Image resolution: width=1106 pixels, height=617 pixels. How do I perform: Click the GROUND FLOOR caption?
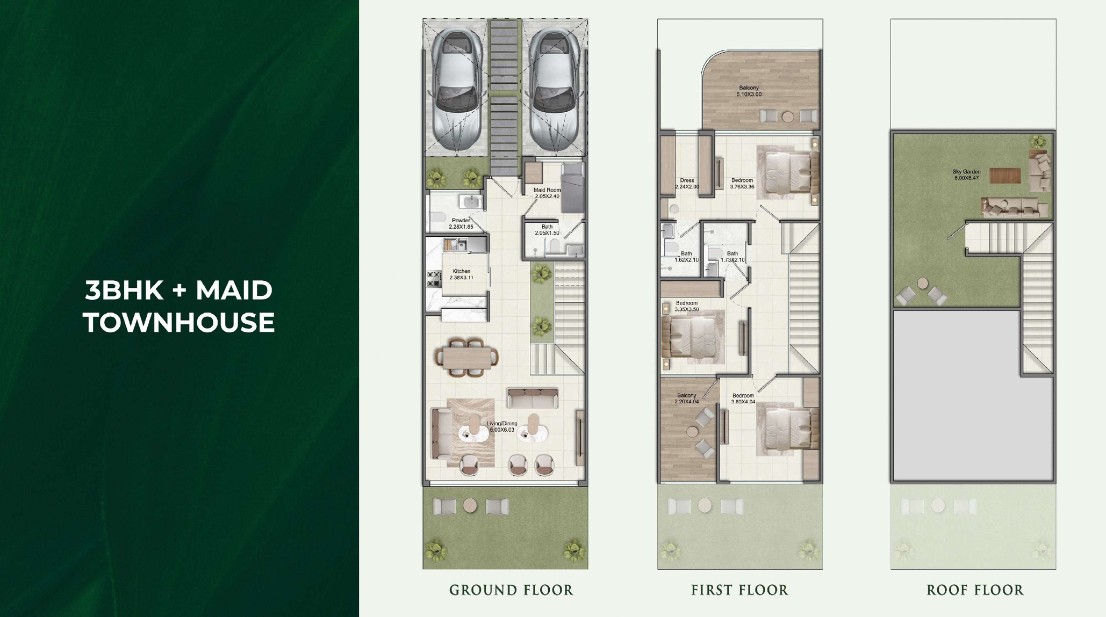point(511,590)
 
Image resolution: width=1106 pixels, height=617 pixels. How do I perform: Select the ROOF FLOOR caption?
point(975,590)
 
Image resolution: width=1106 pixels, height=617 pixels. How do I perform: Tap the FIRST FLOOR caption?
point(739,590)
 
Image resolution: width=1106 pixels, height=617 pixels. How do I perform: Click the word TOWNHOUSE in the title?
point(179,323)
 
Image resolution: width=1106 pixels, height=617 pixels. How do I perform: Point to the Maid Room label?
point(547,193)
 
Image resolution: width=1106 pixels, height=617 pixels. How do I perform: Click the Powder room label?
point(461,223)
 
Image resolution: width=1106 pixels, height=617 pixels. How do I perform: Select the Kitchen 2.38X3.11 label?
point(461,274)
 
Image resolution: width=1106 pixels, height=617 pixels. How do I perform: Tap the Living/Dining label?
point(502,426)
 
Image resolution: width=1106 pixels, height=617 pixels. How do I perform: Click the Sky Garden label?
point(966,175)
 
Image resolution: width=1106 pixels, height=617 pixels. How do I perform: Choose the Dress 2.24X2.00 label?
point(687,184)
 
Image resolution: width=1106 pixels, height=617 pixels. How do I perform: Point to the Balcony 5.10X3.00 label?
point(749,91)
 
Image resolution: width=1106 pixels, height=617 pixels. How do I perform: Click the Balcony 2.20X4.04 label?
point(686,398)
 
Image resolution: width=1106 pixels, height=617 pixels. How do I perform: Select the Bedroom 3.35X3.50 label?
point(686,306)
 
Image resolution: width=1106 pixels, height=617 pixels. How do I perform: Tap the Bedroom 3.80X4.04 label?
point(743,398)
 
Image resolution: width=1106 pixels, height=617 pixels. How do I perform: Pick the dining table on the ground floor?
point(467,357)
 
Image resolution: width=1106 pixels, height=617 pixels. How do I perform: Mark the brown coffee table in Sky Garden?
point(1005,176)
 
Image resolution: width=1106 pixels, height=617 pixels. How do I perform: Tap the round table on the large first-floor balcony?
point(788,116)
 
